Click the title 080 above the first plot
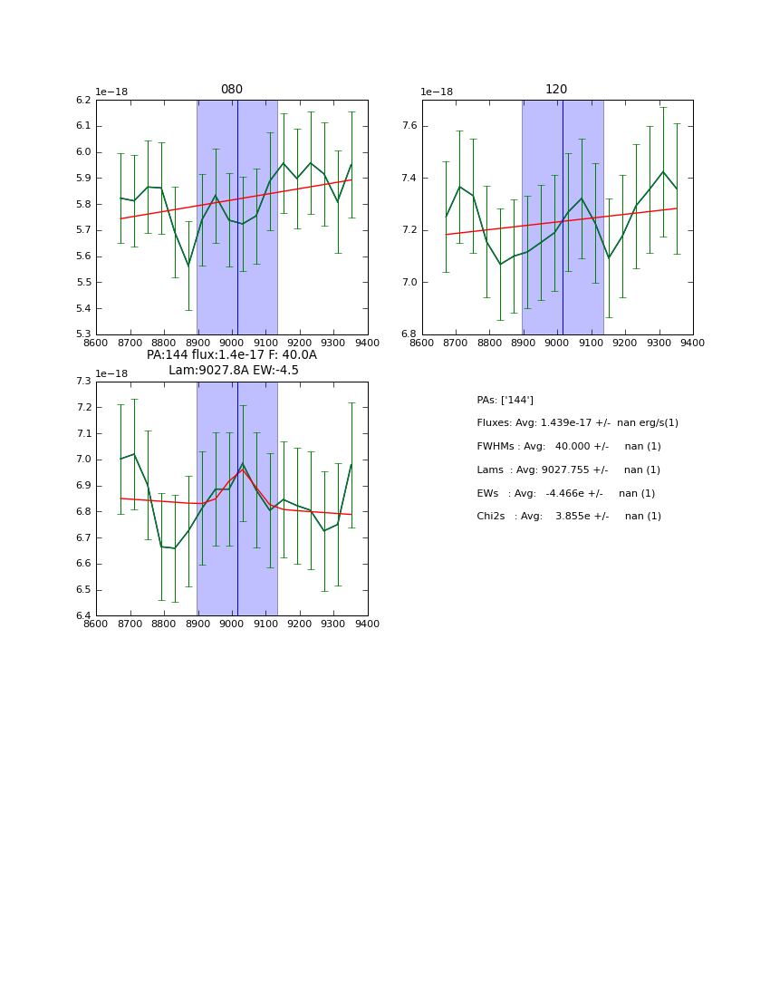tap(232, 90)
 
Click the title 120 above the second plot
tap(556, 90)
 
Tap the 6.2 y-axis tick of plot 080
tap(83, 100)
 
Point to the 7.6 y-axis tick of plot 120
tap(409, 126)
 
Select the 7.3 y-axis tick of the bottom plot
tap(83, 382)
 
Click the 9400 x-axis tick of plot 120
tap(693, 343)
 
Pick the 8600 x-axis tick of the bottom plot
tap(96, 624)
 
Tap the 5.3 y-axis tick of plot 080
tap(83, 334)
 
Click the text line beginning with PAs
tap(505, 400)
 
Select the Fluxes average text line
tap(577, 423)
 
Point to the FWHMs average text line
tap(568, 447)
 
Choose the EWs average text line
tap(565, 493)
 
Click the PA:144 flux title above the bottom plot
tap(232, 355)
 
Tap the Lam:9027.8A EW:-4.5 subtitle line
tap(233, 371)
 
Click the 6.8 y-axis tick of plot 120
tap(409, 334)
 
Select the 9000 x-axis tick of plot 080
tap(232, 343)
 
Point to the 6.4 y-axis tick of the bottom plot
tap(83, 615)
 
